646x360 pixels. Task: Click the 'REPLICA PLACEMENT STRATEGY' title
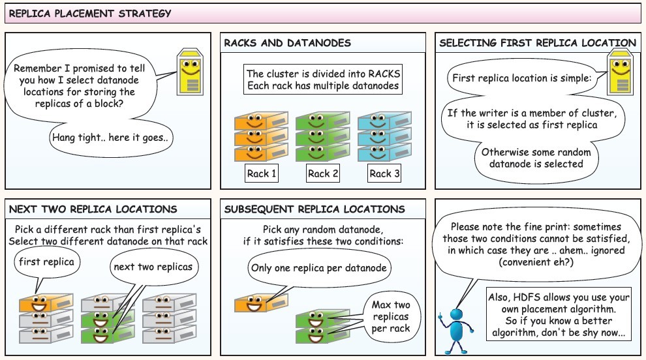91,13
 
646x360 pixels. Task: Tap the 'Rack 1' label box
261,173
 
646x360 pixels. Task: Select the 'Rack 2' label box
323,173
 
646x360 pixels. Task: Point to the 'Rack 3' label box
384,173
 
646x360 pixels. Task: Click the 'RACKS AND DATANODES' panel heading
288,43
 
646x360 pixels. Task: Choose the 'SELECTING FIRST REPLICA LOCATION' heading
537,43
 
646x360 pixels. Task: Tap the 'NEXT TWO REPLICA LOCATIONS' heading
93,209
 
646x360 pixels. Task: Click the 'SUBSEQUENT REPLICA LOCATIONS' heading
315,209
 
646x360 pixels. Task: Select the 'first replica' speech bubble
46,263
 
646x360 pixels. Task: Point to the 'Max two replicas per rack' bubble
390,316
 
